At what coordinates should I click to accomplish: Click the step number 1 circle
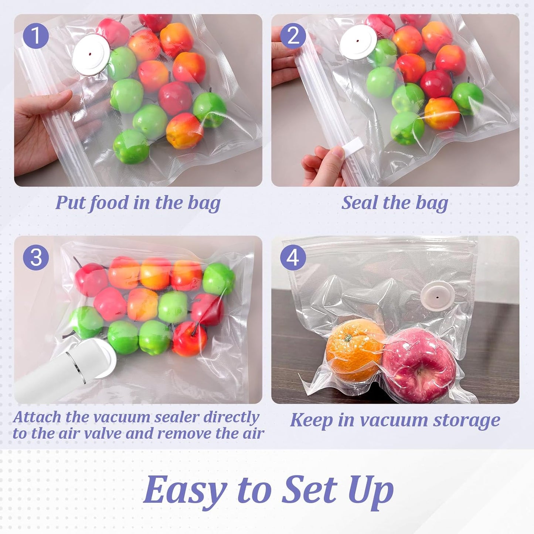point(36,36)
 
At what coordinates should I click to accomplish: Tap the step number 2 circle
point(293,36)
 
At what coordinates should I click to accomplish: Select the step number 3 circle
point(36,257)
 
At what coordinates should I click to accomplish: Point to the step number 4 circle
point(293,257)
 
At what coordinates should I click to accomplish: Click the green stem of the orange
point(347,337)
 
